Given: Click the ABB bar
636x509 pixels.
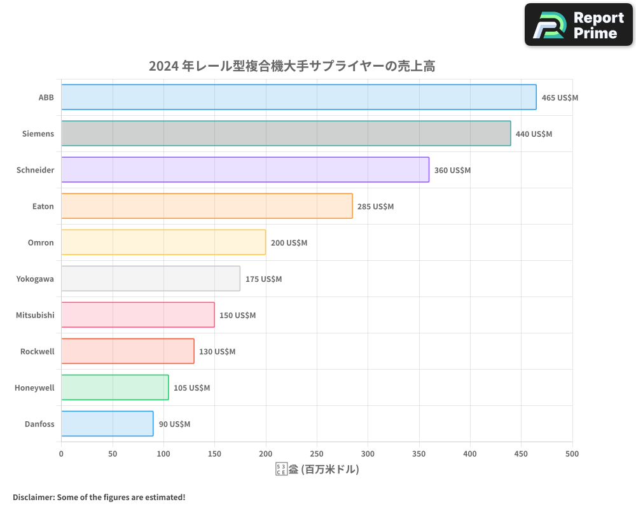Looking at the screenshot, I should pos(298,97).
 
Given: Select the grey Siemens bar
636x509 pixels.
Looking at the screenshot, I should pos(286,134).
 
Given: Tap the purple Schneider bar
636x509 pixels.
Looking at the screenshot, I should pos(245,170).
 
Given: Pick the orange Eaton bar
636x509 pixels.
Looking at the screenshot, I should pos(207,206).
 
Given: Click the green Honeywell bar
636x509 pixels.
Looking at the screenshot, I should pos(114,387).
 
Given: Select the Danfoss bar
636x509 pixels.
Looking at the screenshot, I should pos(107,424).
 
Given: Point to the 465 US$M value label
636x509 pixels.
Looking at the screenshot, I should pos(560,98).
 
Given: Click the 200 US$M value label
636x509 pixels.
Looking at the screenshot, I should pos(289,243).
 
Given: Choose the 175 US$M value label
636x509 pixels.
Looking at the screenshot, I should pos(263,279).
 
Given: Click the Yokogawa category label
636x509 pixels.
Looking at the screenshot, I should pos(35,279).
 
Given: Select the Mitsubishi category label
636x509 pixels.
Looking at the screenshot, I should pos(35,315).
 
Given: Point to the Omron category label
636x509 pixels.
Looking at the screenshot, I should pos(41,242).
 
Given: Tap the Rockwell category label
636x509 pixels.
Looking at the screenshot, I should pos(37,351).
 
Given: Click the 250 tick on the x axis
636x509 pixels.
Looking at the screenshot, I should pos(317,454).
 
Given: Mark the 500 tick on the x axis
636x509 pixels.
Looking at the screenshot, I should pos(572,454).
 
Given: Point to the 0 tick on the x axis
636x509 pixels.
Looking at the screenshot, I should pos(61,454).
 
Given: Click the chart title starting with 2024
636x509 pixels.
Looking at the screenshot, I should pos(292,66).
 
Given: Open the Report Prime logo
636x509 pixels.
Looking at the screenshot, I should pos(578,25).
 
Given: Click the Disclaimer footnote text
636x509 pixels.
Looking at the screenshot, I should pos(99,497).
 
